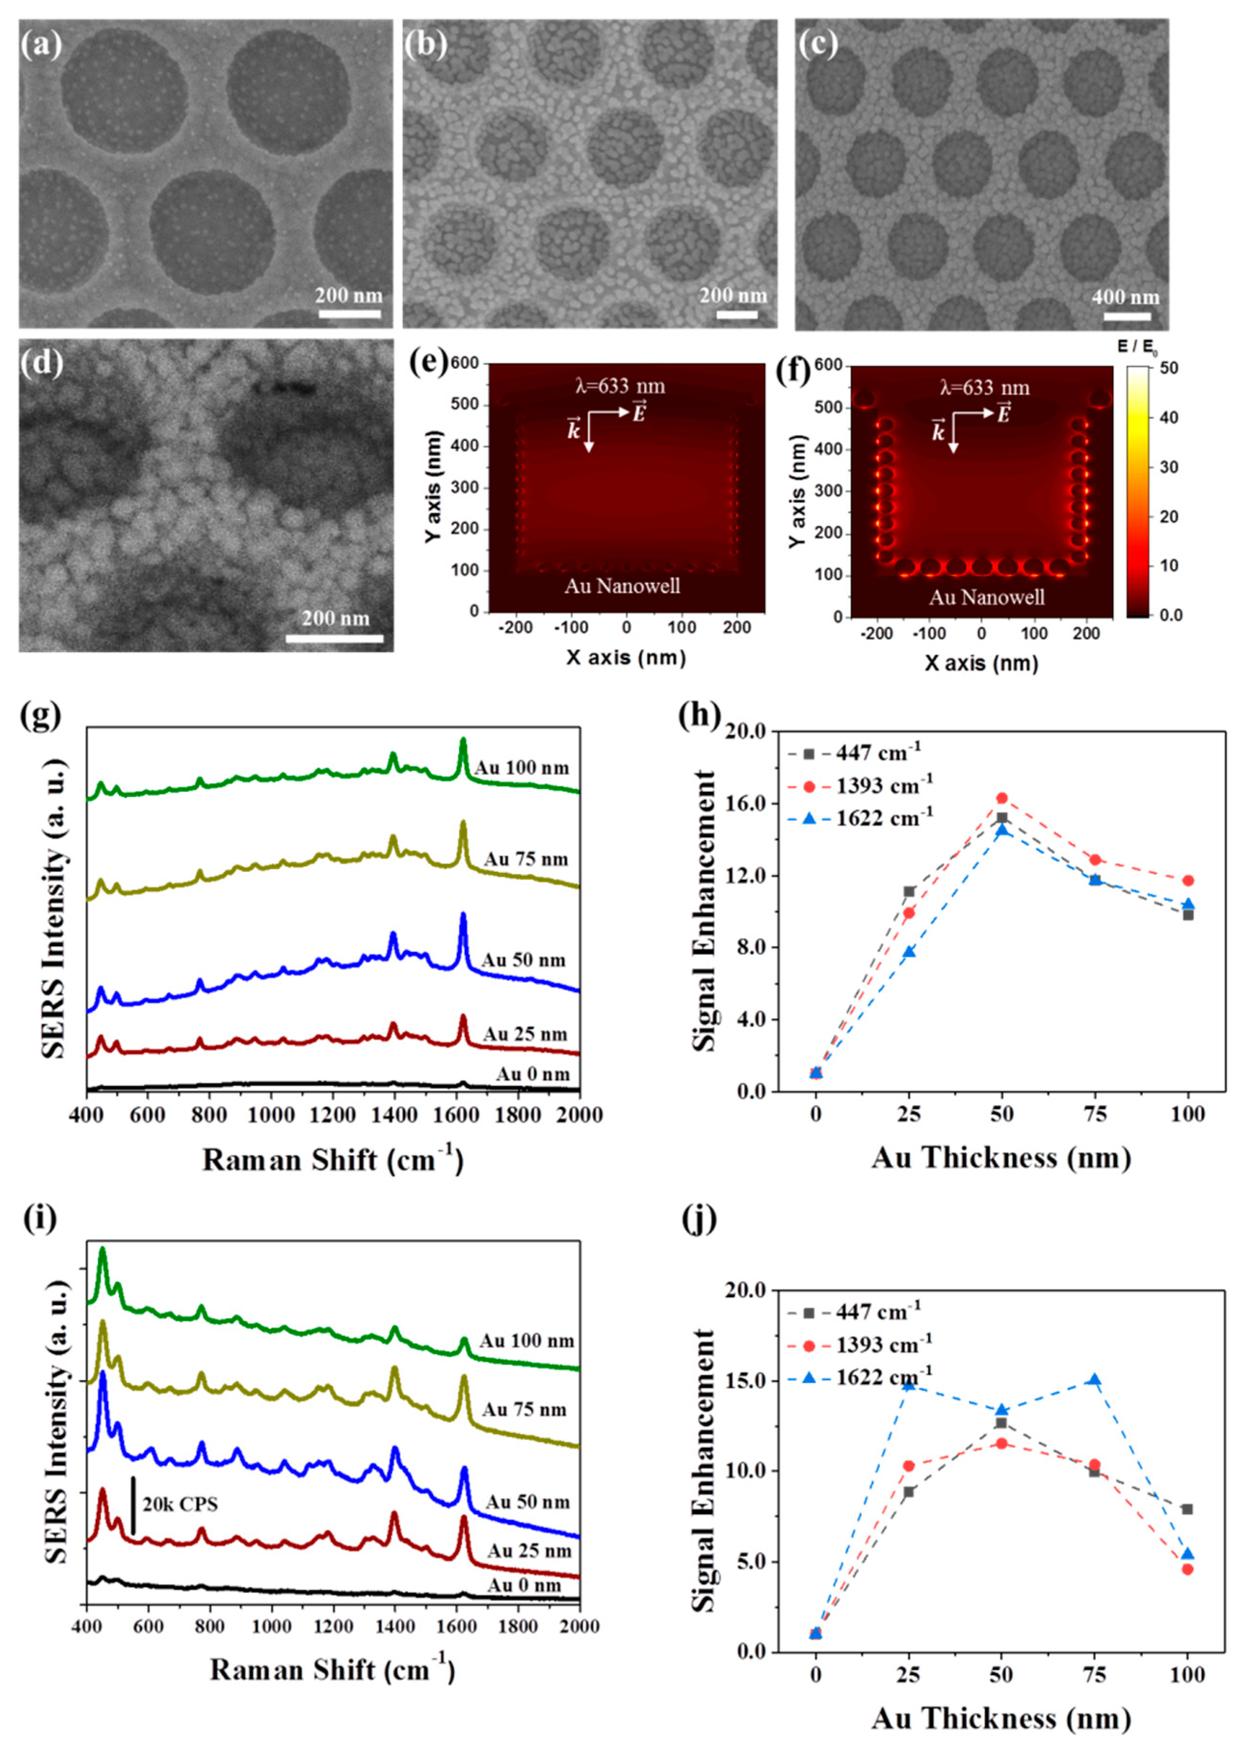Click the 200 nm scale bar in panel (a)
point(350,314)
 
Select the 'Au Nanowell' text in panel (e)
point(623,586)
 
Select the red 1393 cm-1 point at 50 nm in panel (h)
point(1001,798)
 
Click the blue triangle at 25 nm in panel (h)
point(909,952)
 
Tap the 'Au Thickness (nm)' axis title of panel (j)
point(1001,1717)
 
